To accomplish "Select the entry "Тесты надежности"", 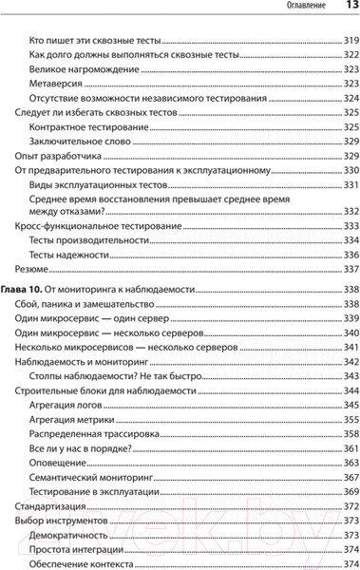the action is point(69,255).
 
